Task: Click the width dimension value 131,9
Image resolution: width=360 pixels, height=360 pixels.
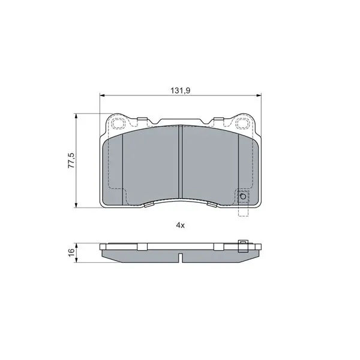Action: tap(180, 91)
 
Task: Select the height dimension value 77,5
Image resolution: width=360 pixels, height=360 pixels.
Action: tap(71, 161)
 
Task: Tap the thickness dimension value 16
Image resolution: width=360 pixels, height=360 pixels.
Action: tap(71, 251)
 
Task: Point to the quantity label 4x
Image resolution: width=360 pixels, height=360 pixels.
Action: tap(180, 226)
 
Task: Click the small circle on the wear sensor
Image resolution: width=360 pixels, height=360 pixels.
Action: tap(242, 197)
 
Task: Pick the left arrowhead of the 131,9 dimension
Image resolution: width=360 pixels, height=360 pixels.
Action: tap(103, 95)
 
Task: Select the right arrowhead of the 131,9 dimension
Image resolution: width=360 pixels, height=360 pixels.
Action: tap(259, 95)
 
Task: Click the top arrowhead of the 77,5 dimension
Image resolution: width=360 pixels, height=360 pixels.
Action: tap(76, 116)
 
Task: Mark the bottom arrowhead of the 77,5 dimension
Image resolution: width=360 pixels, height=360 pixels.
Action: tap(76, 205)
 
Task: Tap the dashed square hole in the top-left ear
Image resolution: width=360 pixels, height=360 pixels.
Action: tap(119, 123)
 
